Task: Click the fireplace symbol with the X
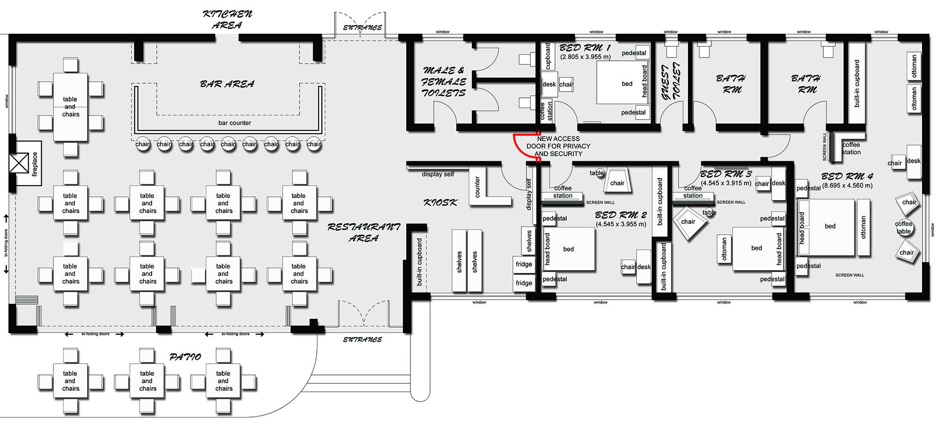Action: point(19,164)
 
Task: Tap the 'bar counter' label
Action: point(234,123)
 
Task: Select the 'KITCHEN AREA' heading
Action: point(227,20)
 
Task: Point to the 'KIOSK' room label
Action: point(440,202)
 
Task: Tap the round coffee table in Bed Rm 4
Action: point(904,228)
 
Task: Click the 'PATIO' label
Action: point(185,357)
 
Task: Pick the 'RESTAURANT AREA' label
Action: point(364,232)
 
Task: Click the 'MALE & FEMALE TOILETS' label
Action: point(444,82)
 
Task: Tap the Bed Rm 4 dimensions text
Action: point(847,185)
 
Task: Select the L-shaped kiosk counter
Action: point(487,189)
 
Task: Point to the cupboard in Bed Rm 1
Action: point(548,57)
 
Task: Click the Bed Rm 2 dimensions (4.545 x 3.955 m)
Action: point(621,224)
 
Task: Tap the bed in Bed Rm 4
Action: point(826,227)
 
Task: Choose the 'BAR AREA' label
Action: point(227,84)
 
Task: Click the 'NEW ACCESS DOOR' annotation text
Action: point(558,146)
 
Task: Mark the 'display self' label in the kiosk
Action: point(438,174)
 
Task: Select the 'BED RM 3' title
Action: point(726,174)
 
